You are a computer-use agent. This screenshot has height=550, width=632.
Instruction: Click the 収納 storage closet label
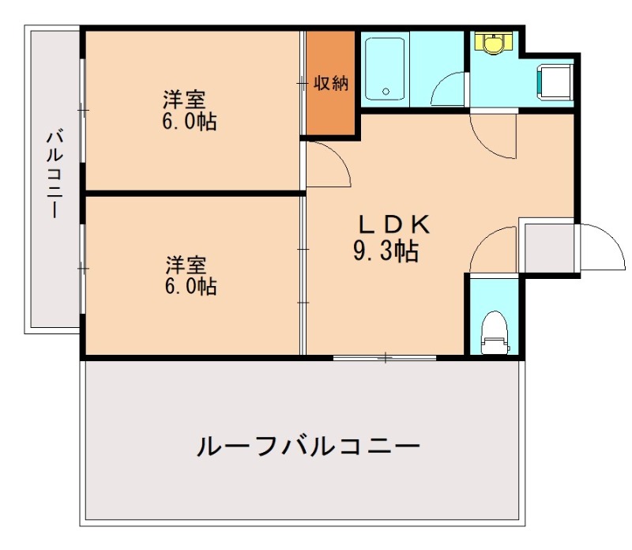[331, 82]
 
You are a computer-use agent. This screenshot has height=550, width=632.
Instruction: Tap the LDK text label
[393, 224]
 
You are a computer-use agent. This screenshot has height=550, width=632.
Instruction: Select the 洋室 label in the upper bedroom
[185, 100]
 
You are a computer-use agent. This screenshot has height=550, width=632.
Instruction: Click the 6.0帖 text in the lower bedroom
[190, 285]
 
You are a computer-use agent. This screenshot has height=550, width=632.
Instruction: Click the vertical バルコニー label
[55, 173]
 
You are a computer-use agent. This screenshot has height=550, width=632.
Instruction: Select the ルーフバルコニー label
[307, 448]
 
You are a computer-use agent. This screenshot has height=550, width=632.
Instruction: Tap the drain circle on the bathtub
[386, 92]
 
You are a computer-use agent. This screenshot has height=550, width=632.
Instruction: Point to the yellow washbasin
[494, 44]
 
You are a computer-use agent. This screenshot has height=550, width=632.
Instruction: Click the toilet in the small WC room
[495, 332]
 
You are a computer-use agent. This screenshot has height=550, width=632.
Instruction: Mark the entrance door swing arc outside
[600, 246]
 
